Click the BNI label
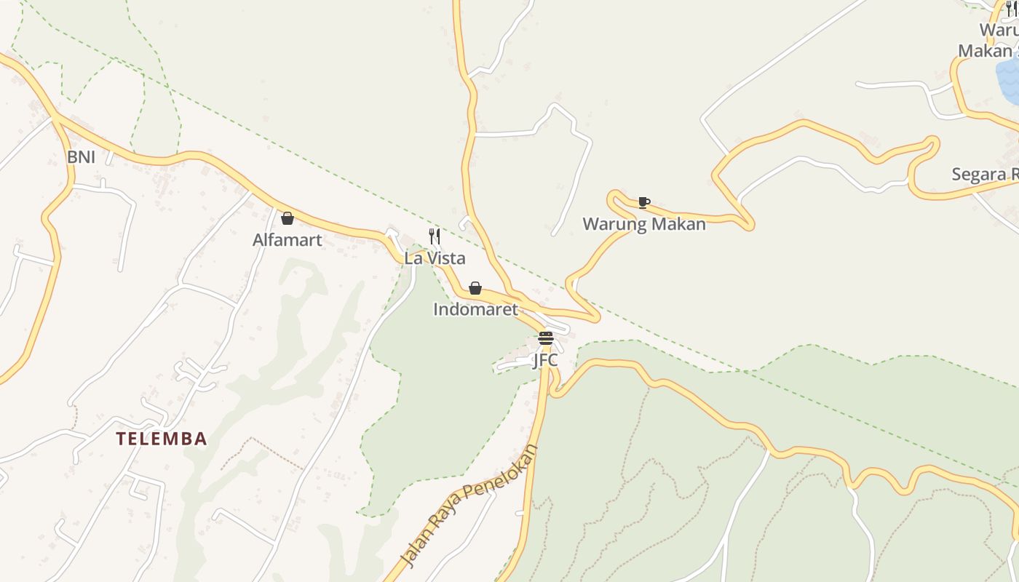coord(81,157)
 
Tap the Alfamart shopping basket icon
coord(288,218)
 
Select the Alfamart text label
coord(287,240)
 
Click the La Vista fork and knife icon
coord(435,236)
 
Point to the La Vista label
coord(435,258)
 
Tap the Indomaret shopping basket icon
coord(475,288)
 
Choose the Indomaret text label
coord(475,309)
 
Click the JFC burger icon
coord(546,338)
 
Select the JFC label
coord(545,360)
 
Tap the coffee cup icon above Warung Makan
coord(643,202)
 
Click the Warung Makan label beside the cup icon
coord(643,224)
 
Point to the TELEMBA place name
coord(162,439)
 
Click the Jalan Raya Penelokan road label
coord(470,506)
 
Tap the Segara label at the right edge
coord(985,175)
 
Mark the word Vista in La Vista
coord(445,258)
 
